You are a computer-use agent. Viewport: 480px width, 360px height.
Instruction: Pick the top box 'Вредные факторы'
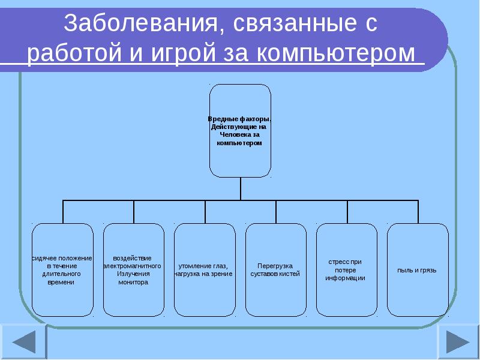tap(240, 131)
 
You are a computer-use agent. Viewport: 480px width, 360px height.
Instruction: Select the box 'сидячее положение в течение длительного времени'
tap(62, 270)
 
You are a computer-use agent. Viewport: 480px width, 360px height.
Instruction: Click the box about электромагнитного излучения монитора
tap(133, 270)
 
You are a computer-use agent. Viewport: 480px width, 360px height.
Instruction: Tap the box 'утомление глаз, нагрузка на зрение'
tap(205, 270)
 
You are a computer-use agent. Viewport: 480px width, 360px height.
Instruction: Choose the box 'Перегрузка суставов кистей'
tap(275, 270)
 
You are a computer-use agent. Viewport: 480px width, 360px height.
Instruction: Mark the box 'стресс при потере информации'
tap(346, 270)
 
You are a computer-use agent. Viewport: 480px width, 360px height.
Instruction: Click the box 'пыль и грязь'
tap(418, 270)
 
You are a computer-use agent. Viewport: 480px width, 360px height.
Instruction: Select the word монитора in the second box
tap(133, 282)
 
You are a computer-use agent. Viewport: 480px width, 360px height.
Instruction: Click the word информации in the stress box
tap(346, 278)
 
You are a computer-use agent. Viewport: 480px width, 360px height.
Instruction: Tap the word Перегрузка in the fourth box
tap(275, 266)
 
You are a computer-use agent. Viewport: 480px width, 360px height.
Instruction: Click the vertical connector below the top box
tap(241, 188)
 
